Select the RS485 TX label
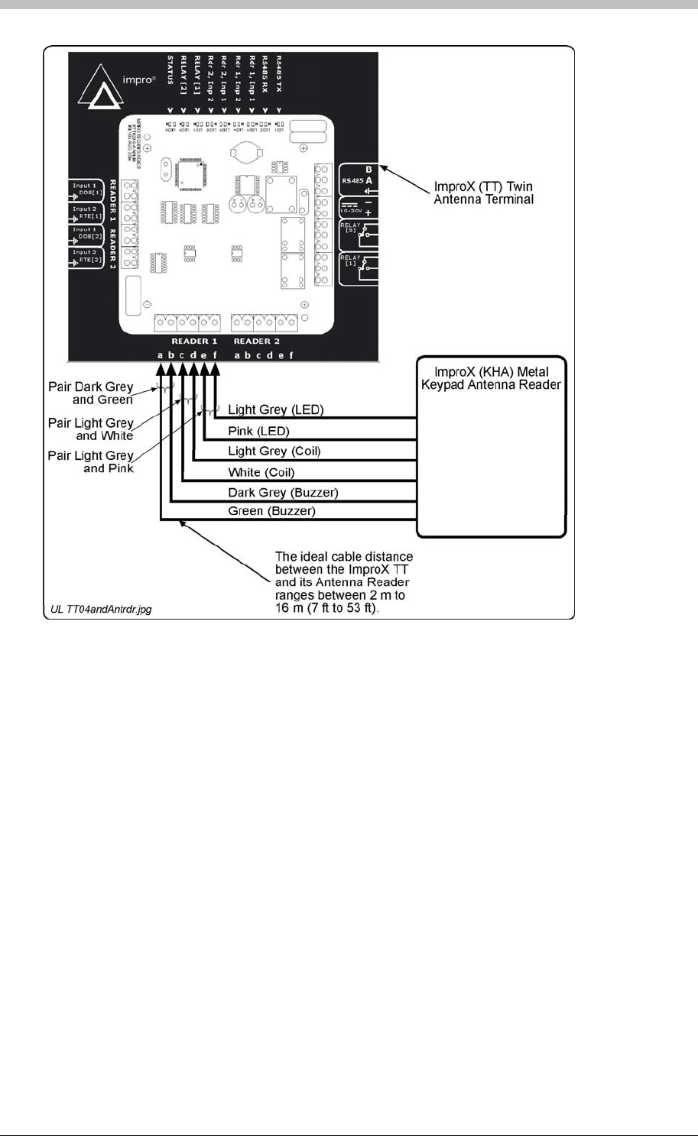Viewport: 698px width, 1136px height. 279,73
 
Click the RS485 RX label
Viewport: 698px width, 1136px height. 265,73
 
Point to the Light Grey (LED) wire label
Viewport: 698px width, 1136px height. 276,410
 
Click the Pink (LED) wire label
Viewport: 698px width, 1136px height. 258,431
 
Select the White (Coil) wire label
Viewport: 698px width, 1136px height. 261,472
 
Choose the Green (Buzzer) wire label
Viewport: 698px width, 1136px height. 271,511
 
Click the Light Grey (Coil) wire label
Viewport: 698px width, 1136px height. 274,451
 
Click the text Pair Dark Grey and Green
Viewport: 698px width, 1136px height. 91,393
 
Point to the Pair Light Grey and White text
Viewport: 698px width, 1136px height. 91,429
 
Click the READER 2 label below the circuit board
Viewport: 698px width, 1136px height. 257,341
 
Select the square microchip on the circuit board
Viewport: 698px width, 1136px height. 188,173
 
